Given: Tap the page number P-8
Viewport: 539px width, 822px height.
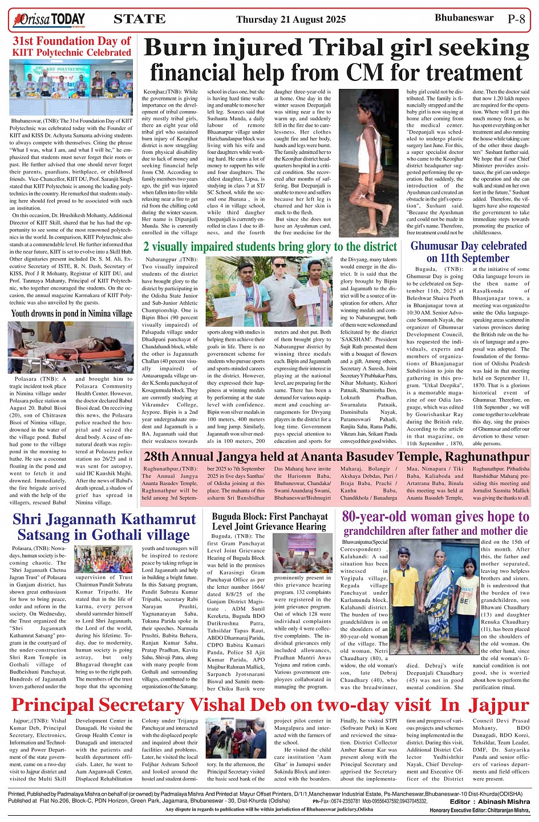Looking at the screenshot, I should [516, 19].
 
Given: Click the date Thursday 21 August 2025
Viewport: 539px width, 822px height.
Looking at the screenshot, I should [291, 19].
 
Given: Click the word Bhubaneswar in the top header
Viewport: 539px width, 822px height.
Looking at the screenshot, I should [464, 18].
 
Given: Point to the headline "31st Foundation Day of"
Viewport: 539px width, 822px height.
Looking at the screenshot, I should [72, 41].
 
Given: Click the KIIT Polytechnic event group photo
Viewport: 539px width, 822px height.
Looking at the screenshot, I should [71, 87].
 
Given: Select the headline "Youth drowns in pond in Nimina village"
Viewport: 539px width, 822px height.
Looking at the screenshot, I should [72, 313].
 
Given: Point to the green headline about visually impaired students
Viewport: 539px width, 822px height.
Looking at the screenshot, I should [270, 246].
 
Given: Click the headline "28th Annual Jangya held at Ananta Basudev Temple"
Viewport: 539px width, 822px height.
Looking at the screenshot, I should [336, 457].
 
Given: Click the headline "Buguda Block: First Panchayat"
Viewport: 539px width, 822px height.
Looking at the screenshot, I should [270, 516].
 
